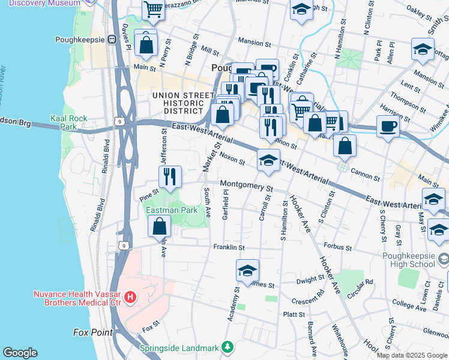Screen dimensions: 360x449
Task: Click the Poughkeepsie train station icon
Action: click(x=112, y=40)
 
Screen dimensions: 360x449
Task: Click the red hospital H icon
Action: click(x=130, y=296)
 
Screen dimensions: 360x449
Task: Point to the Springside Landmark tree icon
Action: click(x=228, y=347)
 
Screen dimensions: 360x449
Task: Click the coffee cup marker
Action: click(x=388, y=126)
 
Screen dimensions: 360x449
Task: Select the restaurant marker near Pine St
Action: click(x=170, y=176)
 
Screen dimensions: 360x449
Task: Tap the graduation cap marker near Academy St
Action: click(x=247, y=271)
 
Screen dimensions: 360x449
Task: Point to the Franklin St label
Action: click(x=229, y=247)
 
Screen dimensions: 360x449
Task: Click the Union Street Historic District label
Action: click(x=183, y=103)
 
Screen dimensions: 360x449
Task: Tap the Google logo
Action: click(x=20, y=352)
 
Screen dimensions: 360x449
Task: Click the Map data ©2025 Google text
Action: click(x=412, y=355)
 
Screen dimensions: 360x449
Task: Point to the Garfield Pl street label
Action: click(x=226, y=205)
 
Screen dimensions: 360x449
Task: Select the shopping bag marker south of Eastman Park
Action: click(x=159, y=227)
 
